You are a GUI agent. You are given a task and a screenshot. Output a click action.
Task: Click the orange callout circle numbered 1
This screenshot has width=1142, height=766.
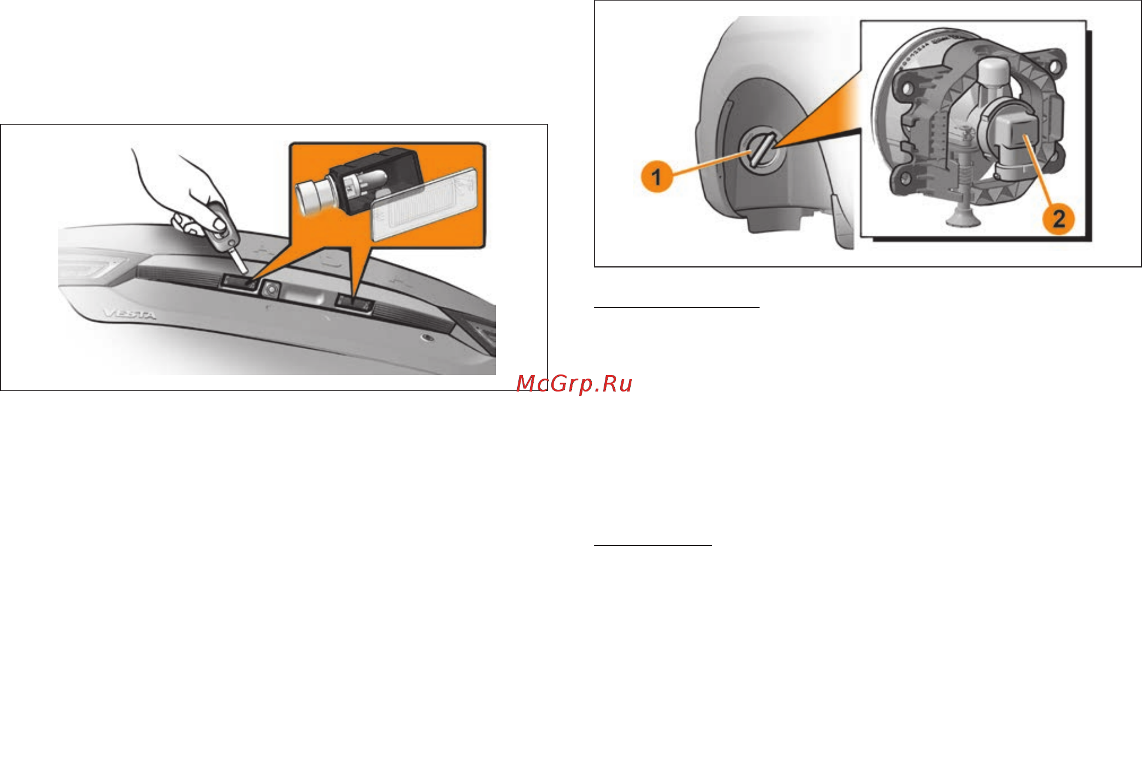pos(657,176)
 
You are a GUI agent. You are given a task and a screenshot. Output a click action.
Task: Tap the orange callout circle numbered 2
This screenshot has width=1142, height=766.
pos(1058,219)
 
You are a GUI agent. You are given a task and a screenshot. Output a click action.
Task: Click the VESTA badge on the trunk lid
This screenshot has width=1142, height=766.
pos(131,315)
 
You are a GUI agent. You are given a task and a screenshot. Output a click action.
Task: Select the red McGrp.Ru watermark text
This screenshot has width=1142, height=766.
pos(574,384)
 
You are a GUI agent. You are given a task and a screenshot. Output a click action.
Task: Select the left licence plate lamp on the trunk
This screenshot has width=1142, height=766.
pos(239,284)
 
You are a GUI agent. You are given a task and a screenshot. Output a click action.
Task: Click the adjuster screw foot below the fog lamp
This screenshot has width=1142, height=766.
pos(962,220)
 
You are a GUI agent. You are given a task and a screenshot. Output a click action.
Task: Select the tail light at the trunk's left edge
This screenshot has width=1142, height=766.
pos(88,267)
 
